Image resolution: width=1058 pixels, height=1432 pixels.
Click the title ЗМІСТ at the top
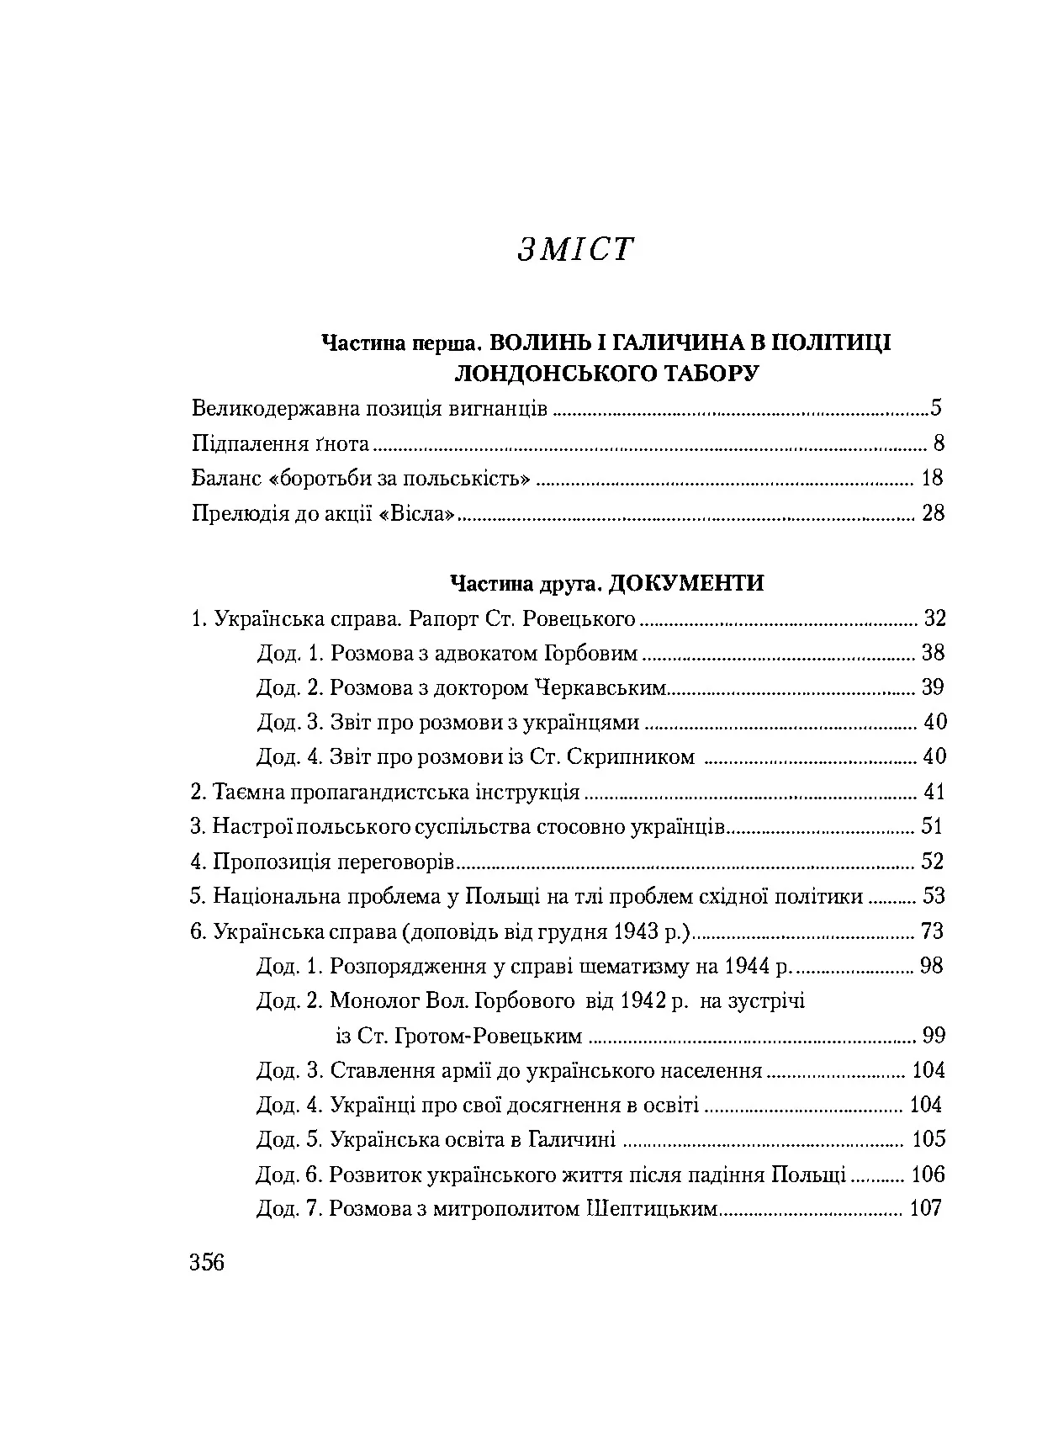tap(574, 250)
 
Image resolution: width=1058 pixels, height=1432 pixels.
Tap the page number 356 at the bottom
tap(208, 1262)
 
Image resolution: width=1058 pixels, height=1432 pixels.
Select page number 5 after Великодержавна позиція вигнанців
tap(935, 409)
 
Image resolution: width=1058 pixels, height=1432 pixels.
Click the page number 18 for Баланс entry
tap(932, 479)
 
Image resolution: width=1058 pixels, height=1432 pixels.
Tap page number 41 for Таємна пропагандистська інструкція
tap(934, 792)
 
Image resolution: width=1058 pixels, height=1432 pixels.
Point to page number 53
tap(934, 896)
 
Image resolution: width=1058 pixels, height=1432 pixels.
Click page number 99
tap(934, 1035)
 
